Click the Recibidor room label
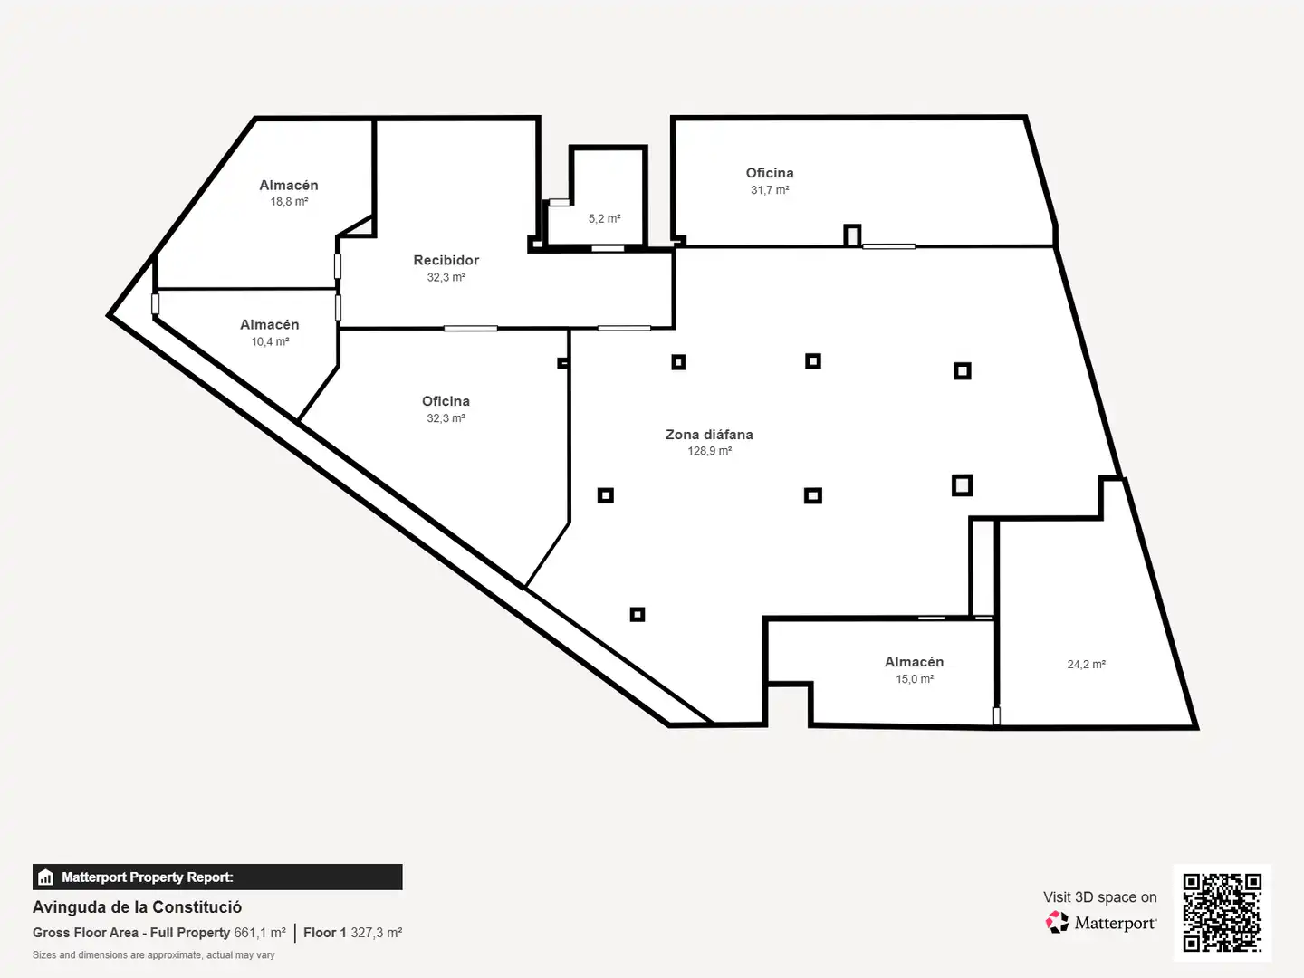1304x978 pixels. (446, 260)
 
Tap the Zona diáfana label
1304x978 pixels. (709, 435)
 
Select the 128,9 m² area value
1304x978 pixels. (709, 451)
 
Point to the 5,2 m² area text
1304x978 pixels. (605, 218)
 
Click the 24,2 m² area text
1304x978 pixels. (1086, 665)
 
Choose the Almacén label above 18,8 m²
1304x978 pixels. (289, 186)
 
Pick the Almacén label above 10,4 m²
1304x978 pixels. (270, 325)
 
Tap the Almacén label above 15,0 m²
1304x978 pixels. (915, 662)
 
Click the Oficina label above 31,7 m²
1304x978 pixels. (770, 173)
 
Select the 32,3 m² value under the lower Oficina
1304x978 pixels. (446, 418)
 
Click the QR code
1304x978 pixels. (1222, 913)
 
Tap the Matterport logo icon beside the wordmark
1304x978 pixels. (1057, 922)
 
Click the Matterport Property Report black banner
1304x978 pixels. (217, 877)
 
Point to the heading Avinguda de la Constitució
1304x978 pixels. (138, 907)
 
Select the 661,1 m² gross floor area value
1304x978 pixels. (260, 933)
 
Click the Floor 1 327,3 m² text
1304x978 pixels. (353, 933)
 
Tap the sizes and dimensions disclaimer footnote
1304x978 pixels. (153, 955)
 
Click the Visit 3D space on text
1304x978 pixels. (1100, 897)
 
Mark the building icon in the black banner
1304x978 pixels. (45, 877)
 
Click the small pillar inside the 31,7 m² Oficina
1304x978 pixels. (852, 235)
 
